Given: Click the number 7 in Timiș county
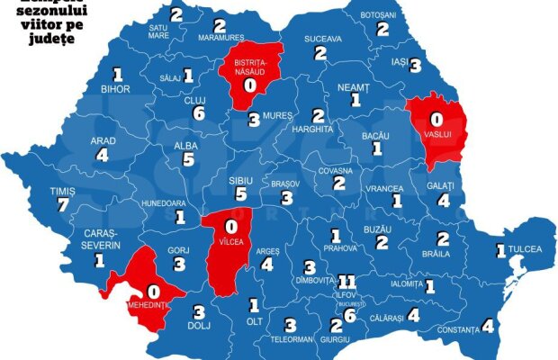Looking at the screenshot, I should (x=62, y=204).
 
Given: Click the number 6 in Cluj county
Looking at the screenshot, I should (x=199, y=113).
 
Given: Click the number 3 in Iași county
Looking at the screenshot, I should (x=415, y=66).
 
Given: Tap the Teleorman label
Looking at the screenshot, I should (x=291, y=340).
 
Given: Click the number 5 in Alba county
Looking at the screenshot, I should (x=188, y=159).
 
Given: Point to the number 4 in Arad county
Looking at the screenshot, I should (x=102, y=155).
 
